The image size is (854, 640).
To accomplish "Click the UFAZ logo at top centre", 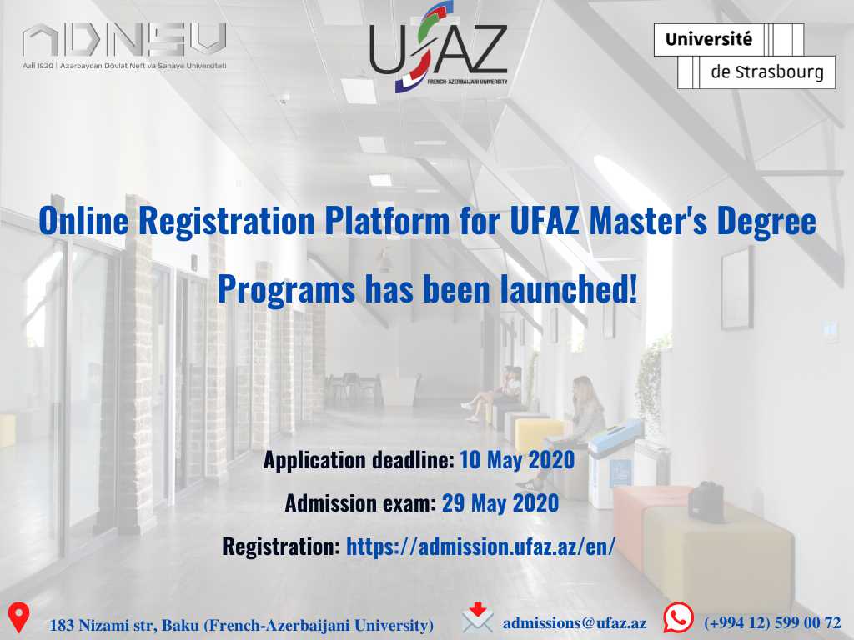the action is click(439, 47).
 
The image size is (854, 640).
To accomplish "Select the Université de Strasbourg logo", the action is click(745, 56).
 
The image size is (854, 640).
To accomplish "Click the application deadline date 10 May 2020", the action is click(517, 460).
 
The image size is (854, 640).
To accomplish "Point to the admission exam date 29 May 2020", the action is click(500, 502).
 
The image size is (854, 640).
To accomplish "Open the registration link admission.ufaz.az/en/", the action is click(481, 546).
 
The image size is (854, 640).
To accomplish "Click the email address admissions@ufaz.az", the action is click(575, 623).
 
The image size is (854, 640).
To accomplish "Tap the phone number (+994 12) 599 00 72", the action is click(772, 622).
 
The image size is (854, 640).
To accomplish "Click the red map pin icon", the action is click(18, 617).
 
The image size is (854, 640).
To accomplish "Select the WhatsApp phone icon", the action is click(678, 617).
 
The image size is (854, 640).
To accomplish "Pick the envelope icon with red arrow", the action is click(477, 618).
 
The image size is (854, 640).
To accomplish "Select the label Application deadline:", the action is click(359, 460).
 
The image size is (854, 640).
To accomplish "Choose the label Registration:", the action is click(281, 546).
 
